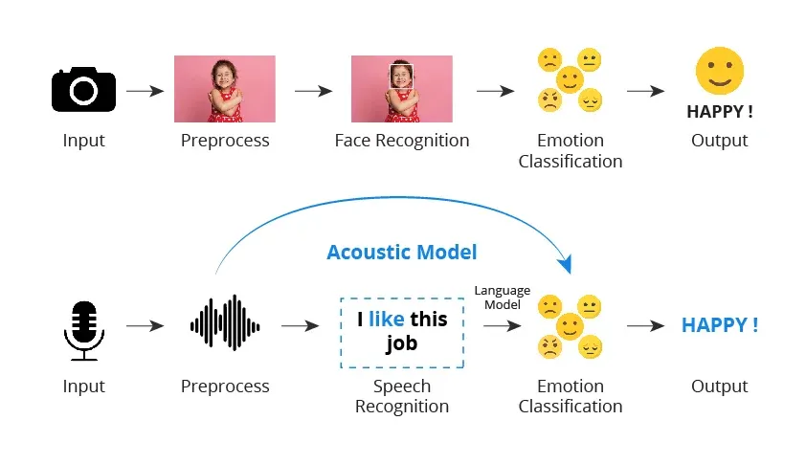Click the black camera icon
pos(83,89)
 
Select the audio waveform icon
pos(225,325)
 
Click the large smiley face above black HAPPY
pos(720,73)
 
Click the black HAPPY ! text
pos(720,111)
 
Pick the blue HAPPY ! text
pos(720,325)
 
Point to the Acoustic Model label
pos(401,253)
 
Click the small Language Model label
pos(502,297)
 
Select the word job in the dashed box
pos(402,342)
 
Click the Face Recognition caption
pos(402,141)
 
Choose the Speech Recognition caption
pos(402,396)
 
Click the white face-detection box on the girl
pos(401,76)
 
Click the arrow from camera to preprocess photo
pos(145,91)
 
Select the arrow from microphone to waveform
pos(145,326)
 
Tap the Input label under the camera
pos(83,141)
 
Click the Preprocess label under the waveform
pos(225,387)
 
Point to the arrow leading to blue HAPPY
pos(645,326)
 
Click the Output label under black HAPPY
pos(720,141)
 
